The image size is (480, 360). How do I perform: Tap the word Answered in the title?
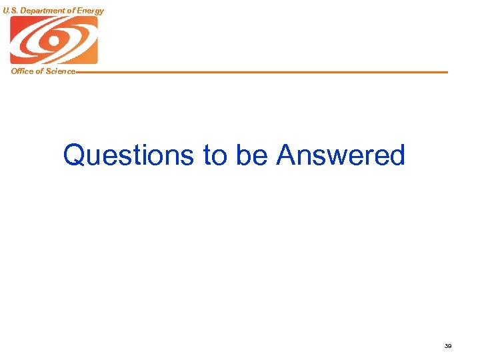coord(341,155)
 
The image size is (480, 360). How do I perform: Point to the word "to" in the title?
coord(214,156)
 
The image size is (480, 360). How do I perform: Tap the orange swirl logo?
coord(53,40)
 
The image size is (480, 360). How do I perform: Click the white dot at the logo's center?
coord(53,40)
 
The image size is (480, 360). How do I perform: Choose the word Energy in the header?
coord(91,11)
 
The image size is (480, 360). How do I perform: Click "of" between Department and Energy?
coord(71,11)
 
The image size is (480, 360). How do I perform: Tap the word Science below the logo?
coord(61,71)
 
